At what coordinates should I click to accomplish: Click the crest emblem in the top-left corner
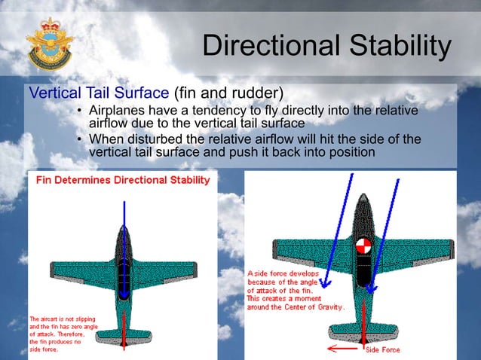tap(47, 44)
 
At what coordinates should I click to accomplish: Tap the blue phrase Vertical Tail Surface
tap(99, 94)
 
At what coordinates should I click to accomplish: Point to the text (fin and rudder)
tap(228, 94)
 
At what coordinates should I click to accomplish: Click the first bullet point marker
tap(79, 111)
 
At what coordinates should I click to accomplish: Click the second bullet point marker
tap(79, 139)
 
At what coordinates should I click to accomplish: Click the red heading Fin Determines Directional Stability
tap(120, 182)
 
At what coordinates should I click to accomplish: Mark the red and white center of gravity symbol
tap(364, 247)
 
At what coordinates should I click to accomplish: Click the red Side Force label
tap(382, 350)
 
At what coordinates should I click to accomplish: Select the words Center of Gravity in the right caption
tap(310, 307)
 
